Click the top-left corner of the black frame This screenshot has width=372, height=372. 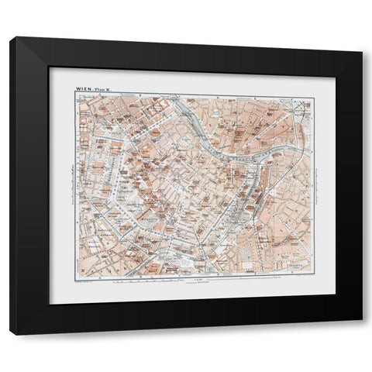coord(11,37)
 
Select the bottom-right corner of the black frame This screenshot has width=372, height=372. coord(363,334)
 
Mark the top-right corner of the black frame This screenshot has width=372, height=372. coord(363,37)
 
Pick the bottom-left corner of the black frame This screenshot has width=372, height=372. coord(11,334)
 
